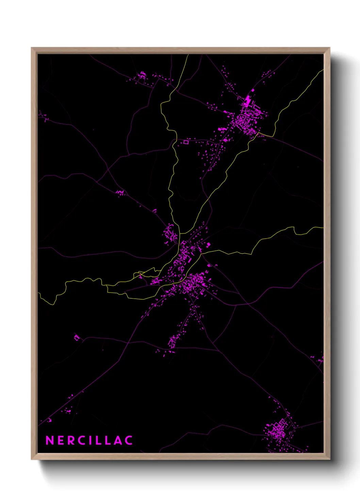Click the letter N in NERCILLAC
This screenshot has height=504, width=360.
coord(50,440)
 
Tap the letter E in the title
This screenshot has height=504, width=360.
coord(61,440)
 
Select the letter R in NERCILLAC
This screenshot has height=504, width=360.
coord(71,440)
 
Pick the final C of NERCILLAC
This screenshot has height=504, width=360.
coord(128,440)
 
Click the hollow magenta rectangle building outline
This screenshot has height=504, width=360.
coord(186,142)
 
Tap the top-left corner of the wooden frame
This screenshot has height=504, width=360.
coord(32,48)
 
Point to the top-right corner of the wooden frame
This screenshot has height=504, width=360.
coord(329,48)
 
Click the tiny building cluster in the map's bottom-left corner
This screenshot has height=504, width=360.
coord(50,420)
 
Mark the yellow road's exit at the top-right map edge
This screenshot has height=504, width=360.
coord(323,70)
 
